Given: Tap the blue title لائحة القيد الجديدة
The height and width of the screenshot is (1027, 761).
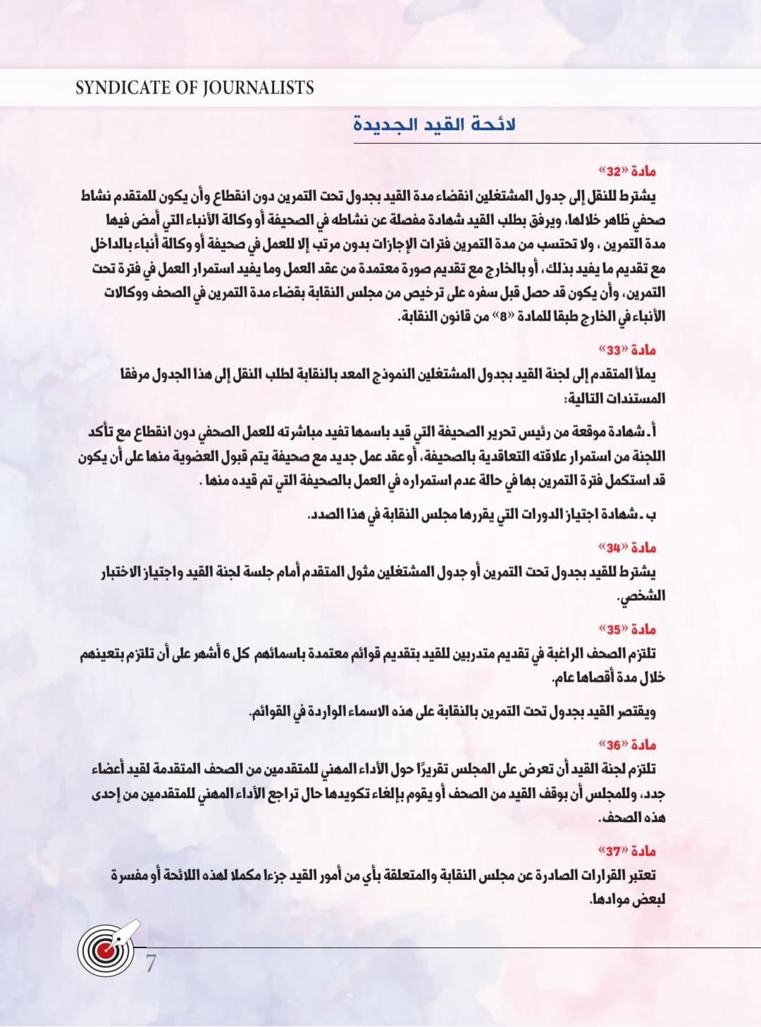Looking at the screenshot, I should [x=434, y=125].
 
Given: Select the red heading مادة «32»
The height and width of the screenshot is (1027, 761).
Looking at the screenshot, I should [x=626, y=171].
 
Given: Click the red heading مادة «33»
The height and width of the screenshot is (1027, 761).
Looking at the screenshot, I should [x=626, y=349].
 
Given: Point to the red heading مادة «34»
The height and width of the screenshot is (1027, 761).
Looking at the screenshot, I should [x=626, y=547].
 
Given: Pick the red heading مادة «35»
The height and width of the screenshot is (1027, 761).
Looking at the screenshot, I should [x=626, y=629].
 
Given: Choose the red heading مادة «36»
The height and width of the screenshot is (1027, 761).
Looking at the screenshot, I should [x=626, y=745].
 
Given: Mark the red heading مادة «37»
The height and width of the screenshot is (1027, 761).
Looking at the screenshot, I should [x=626, y=850].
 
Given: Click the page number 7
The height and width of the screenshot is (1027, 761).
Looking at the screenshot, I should [x=151, y=963].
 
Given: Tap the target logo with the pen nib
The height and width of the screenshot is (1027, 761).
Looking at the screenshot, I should [x=108, y=948].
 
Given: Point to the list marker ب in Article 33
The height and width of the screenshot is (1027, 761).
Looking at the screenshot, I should [x=652, y=515].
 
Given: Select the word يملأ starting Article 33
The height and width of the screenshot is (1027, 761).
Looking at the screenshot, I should [x=643, y=374].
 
